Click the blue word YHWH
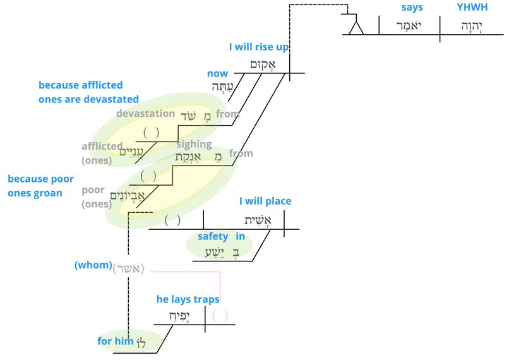pos(472,8)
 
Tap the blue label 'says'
pos(412,8)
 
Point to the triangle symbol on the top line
pos(356,27)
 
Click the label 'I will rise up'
pos(259,47)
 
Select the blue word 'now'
pos(217,74)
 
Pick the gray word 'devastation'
pos(145,114)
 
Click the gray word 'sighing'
pos(193,144)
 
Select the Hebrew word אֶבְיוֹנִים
pos(128,195)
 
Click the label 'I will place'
pos(265,201)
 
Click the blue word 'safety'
pos(212,236)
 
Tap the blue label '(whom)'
pos(93,265)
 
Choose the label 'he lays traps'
pos(188,299)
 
